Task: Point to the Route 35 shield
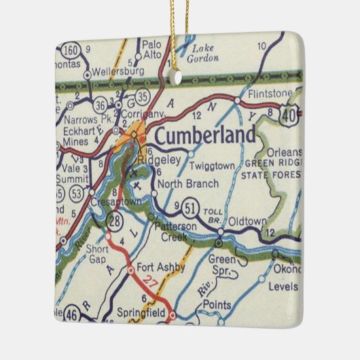141,95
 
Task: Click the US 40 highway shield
289,115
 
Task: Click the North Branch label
187,183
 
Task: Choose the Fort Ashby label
160,267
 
